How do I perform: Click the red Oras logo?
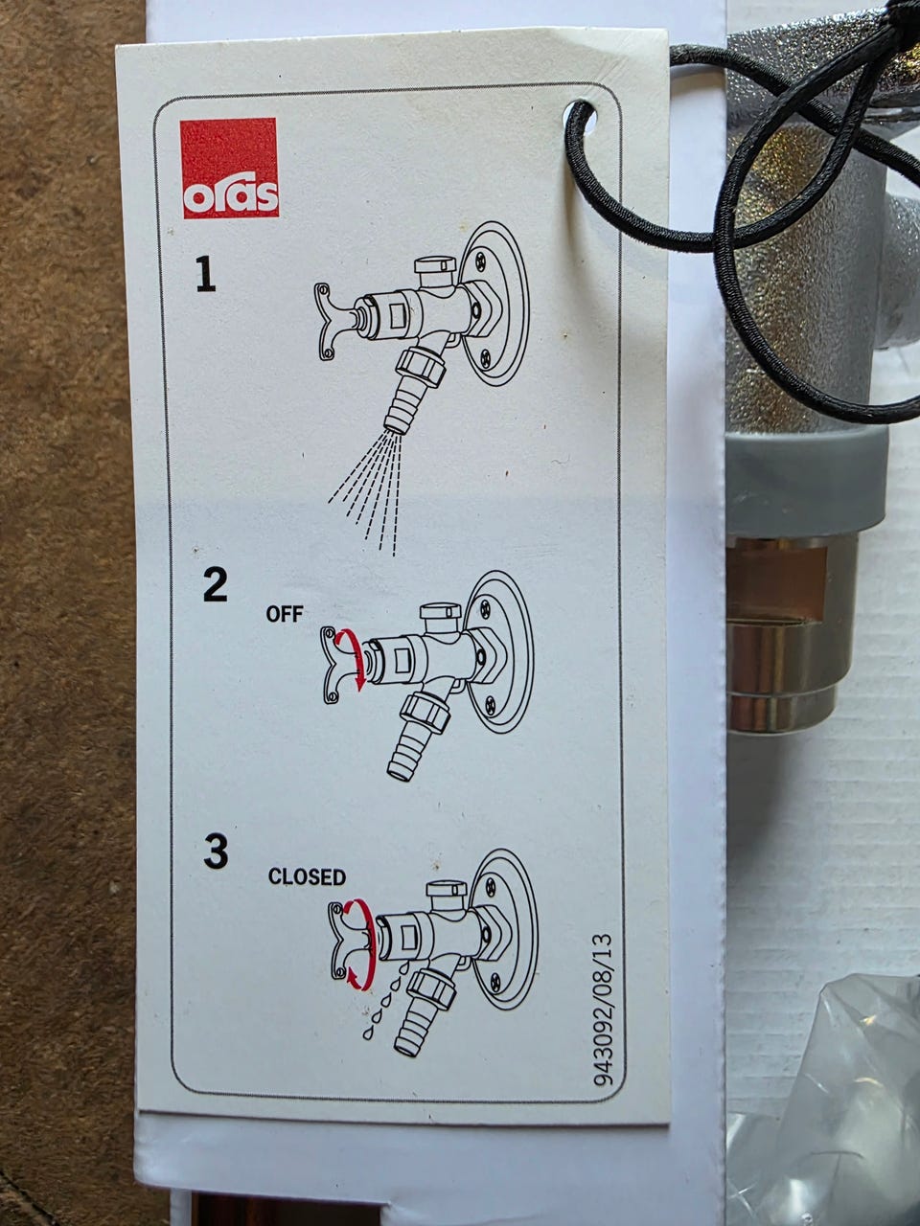[x=229, y=168]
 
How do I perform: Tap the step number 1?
[x=205, y=274]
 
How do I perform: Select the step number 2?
[x=215, y=584]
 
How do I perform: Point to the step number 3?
[x=217, y=851]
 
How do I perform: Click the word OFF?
[x=285, y=614]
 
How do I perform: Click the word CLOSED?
[x=307, y=877]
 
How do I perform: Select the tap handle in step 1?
[x=335, y=321]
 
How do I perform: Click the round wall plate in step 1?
[x=494, y=304]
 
